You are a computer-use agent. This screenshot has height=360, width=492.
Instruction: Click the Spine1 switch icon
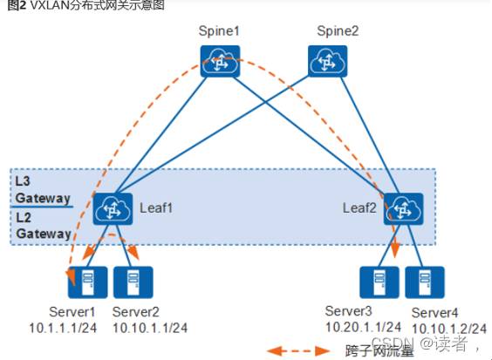(220, 61)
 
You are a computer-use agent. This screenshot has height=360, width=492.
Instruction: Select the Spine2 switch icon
(328, 61)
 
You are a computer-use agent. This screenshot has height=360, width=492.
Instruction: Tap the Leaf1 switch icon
(113, 209)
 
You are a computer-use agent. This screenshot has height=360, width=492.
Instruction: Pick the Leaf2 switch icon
(403, 209)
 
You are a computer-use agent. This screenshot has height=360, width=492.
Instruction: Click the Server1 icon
(87, 282)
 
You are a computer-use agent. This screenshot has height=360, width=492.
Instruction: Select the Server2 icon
(133, 282)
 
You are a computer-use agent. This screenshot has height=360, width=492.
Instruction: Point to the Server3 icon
(379, 282)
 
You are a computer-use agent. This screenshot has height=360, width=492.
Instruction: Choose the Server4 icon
(425, 282)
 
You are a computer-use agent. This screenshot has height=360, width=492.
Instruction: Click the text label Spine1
(219, 31)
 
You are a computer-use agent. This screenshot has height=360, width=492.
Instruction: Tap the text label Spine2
(338, 31)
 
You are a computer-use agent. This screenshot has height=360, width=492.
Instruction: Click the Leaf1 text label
(156, 208)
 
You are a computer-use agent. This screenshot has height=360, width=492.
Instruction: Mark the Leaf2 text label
(359, 208)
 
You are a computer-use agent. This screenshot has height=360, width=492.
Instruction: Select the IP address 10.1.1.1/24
(63, 328)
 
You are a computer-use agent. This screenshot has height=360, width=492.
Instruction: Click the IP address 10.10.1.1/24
(150, 328)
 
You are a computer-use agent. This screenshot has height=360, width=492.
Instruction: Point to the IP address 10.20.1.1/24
(364, 328)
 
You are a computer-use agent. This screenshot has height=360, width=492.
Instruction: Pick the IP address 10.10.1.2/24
(449, 329)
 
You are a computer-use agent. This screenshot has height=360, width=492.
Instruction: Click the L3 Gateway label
(43, 190)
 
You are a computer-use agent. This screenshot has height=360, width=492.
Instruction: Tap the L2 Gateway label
(44, 226)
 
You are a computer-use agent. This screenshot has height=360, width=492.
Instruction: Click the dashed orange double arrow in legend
(298, 351)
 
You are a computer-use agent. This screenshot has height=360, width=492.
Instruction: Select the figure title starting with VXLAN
(86, 5)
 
